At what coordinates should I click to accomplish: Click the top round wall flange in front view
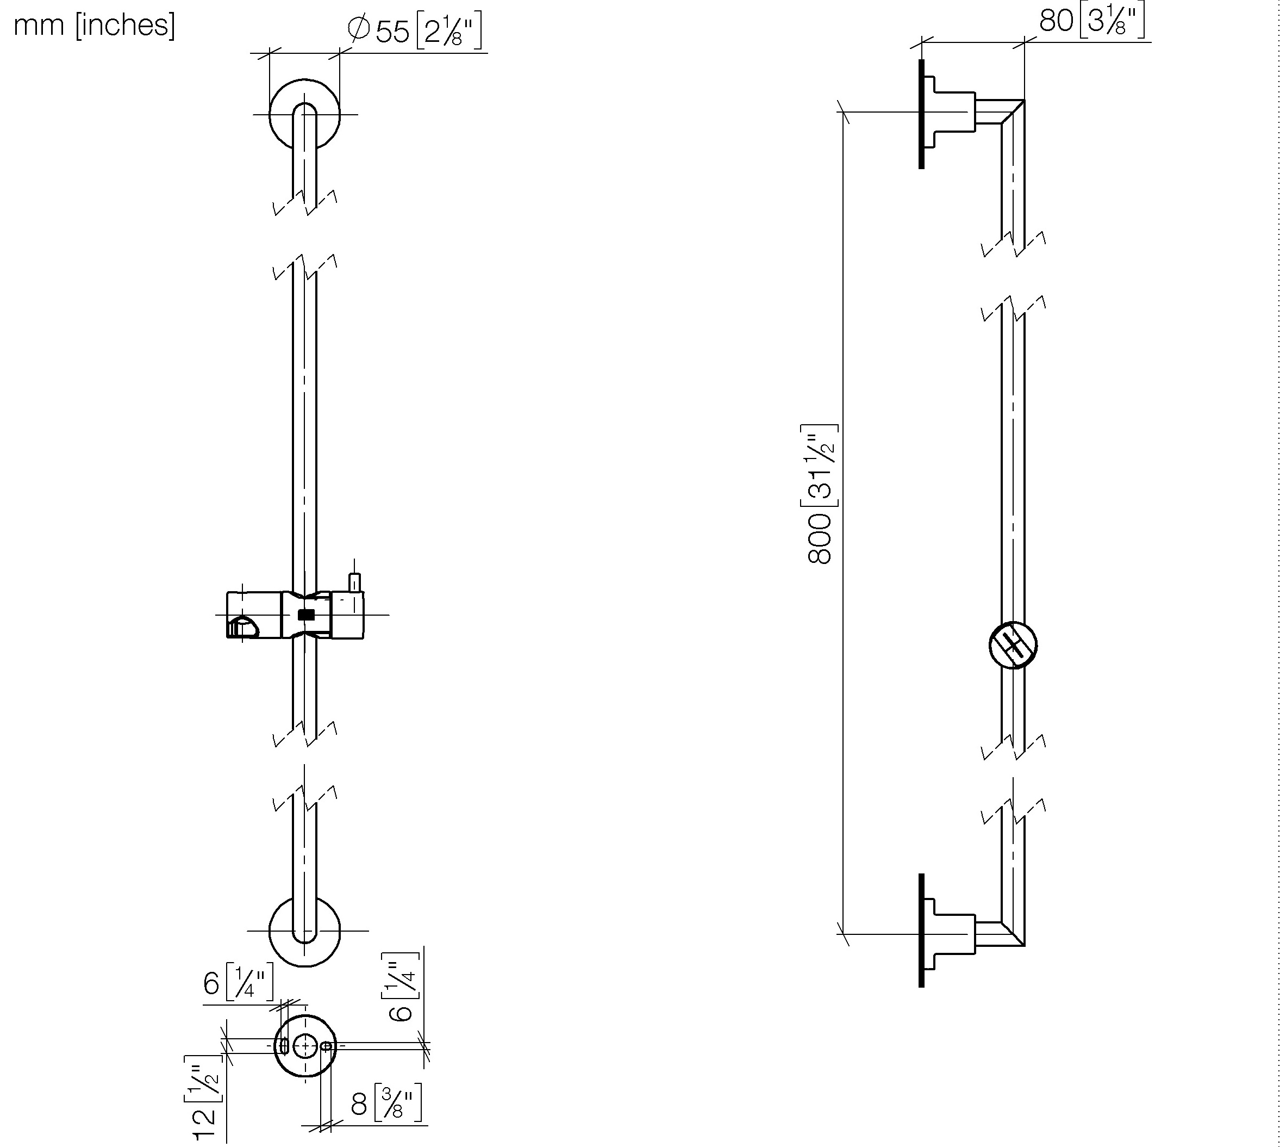(304, 115)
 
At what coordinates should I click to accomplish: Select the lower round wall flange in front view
(304, 931)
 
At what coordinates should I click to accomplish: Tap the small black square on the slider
(306, 615)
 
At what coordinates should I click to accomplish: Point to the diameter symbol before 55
(358, 29)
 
